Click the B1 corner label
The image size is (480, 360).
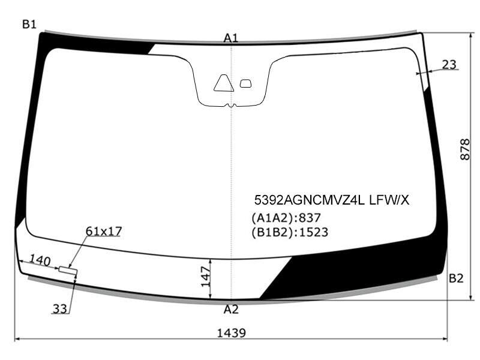[x=29, y=24]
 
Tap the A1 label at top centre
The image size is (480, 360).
[x=231, y=38]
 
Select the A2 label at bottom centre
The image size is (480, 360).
[x=231, y=310]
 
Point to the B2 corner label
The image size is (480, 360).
[x=456, y=278]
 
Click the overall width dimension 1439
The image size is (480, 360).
[x=232, y=333]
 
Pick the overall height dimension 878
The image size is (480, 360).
[x=464, y=149]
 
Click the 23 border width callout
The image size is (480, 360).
[x=449, y=65]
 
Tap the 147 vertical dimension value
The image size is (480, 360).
[x=206, y=277]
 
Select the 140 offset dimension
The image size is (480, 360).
[x=40, y=260]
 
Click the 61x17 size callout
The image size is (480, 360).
[x=104, y=231]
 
